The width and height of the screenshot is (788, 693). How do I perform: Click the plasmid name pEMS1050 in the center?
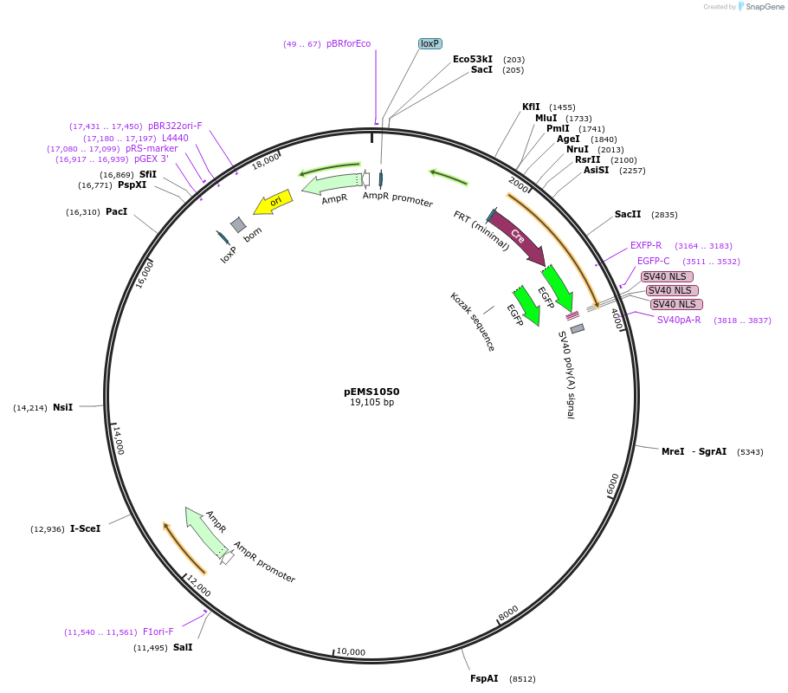coord(371,392)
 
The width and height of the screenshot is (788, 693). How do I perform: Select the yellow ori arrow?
coord(273,203)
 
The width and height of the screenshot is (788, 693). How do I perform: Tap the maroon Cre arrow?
coord(518,236)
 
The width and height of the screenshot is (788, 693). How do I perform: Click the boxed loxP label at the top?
coord(430,43)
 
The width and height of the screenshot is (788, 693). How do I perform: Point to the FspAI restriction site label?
coord(484,679)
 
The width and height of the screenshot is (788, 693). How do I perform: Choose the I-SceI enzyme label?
coord(85,528)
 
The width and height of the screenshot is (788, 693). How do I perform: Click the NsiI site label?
coord(62,407)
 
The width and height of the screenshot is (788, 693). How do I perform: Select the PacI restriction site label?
coord(116,212)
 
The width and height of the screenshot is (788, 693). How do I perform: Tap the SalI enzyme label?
coord(183,647)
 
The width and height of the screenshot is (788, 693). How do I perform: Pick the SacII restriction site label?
coord(628,214)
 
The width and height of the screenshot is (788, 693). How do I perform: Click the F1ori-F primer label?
coord(158,631)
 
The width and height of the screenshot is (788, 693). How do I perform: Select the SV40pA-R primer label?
coord(678,320)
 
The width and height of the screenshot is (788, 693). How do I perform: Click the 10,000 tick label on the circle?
coord(351,651)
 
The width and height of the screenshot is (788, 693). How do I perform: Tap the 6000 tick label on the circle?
coord(614,484)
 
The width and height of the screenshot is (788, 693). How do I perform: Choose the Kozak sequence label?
coord(473,321)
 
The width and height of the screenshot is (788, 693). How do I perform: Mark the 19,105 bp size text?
coord(371,403)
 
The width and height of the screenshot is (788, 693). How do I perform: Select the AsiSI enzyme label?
coord(596,170)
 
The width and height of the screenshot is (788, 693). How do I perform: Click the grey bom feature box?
coord(238,225)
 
